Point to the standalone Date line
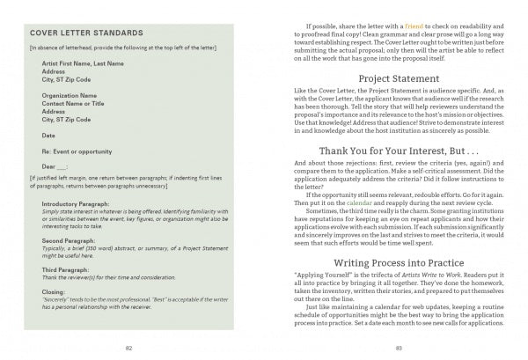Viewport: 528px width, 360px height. point(48,135)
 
